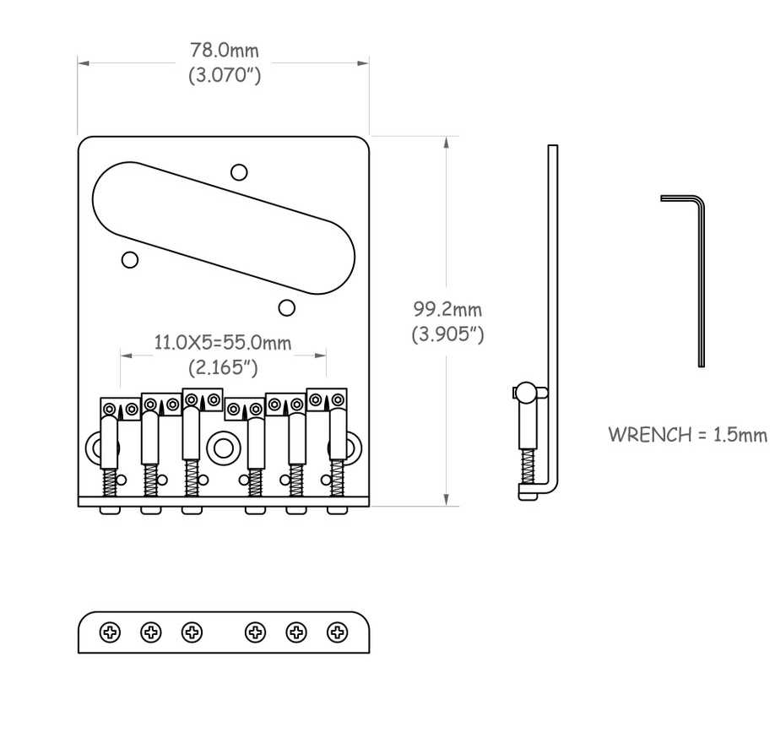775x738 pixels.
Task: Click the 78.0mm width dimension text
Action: tap(224, 50)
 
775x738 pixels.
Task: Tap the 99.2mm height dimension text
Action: tap(447, 309)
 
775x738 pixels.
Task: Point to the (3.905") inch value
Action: tap(447, 334)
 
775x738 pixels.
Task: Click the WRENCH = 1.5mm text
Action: tap(687, 435)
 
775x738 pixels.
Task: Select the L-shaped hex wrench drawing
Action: tap(698, 279)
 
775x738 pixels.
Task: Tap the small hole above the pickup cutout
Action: tap(240, 172)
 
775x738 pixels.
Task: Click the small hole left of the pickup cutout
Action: tap(129, 260)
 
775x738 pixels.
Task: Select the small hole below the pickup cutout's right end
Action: tap(287, 307)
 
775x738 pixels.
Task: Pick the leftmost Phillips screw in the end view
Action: tap(110, 632)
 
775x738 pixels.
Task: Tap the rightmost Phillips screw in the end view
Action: tap(339, 632)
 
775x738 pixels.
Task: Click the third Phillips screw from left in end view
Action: tap(192, 632)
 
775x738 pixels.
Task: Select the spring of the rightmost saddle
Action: tap(339, 478)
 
